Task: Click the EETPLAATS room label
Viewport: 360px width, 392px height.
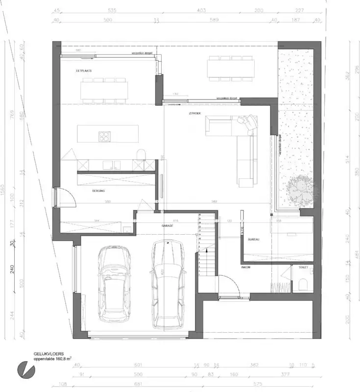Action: [x=84, y=71]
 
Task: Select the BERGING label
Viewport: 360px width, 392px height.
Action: [x=99, y=190]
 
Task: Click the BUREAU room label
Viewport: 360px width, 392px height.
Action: [x=253, y=239]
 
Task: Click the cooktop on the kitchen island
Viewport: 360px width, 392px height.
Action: [x=105, y=136]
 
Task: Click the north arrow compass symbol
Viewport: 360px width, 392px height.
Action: [x=23, y=368]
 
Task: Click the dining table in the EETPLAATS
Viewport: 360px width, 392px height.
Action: [x=104, y=90]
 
